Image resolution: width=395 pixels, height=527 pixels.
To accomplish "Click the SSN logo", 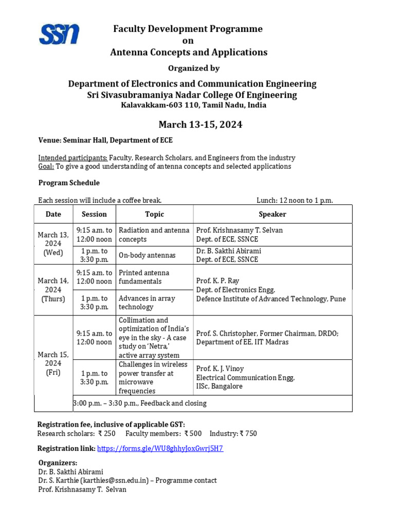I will click(x=59, y=34).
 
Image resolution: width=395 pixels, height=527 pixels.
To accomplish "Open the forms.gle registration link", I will click(x=160, y=448).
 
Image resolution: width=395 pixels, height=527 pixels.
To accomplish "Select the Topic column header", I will click(x=154, y=214).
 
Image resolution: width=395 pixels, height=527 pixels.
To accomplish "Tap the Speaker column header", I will click(x=273, y=214).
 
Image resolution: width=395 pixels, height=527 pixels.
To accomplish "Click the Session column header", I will click(x=94, y=214).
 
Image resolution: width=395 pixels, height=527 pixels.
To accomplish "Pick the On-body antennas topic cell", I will click(x=147, y=255).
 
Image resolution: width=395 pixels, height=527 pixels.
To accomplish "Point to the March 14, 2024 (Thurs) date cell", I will click(x=53, y=290).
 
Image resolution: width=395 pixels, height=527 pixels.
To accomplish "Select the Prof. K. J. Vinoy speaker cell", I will click(x=245, y=377).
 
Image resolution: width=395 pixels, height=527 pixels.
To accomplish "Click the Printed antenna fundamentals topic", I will click(x=144, y=277).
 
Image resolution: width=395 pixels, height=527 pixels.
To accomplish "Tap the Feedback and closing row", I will click(x=140, y=403).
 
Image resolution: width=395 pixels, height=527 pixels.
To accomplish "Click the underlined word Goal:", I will click(x=46, y=166).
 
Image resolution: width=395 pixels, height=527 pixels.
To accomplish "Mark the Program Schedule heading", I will click(x=69, y=183).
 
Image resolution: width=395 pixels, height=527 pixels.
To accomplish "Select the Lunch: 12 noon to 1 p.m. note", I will click(x=295, y=200).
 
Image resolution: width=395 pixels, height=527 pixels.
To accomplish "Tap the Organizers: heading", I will click(x=58, y=463).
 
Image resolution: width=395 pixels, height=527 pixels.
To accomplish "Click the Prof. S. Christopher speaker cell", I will click(x=267, y=338).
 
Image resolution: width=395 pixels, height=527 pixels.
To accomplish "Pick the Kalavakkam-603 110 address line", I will click(x=193, y=105).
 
